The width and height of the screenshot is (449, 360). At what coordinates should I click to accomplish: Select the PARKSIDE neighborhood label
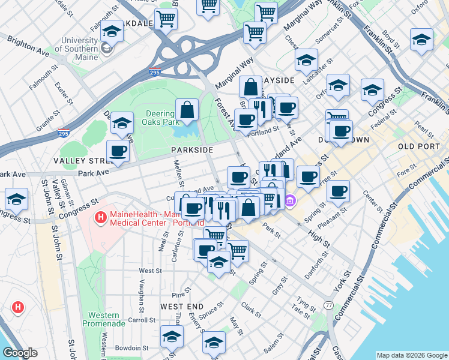(x=191, y=149)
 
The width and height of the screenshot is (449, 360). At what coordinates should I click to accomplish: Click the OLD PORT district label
(x=418, y=146)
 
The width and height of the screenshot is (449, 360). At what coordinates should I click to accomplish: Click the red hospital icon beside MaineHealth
(x=101, y=215)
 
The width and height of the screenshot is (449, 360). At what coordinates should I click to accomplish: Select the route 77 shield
(x=328, y=305)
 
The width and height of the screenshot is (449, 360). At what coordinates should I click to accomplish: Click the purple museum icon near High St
(x=291, y=200)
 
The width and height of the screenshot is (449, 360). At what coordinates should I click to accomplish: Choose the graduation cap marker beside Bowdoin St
(x=172, y=338)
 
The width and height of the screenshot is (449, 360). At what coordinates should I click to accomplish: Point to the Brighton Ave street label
(x=28, y=46)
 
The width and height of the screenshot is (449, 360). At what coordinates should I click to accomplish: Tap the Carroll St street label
(x=142, y=320)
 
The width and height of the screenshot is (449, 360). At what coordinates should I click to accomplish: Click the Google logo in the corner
(x=20, y=353)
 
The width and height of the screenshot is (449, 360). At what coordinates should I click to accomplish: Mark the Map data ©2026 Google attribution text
(x=411, y=355)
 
